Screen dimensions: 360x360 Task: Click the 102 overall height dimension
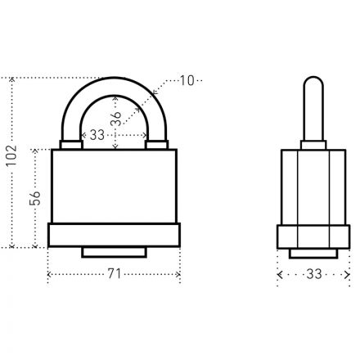(x=12, y=155)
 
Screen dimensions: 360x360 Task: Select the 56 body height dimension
(x=35, y=198)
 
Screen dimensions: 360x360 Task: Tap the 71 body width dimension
(x=114, y=274)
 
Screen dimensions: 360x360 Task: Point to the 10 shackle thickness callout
(x=187, y=81)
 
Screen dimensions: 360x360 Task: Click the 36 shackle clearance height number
(x=116, y=119)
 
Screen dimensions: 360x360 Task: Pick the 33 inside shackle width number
(x=97, y=135)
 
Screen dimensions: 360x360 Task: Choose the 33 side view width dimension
(x=314, y=274)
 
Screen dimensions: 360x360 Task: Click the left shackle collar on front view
(x=71, y=145)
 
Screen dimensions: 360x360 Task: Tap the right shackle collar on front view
(x=156, y=145)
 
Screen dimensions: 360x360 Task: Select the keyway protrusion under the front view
(x=114, y=252)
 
